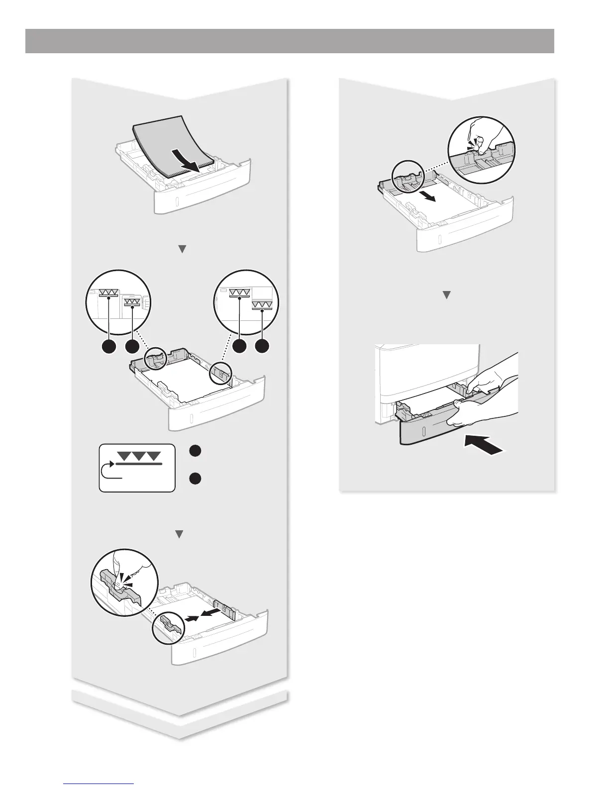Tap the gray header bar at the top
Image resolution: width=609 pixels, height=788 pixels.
290,41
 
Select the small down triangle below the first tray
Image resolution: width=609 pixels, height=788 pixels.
182,249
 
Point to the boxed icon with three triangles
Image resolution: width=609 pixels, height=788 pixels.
137,468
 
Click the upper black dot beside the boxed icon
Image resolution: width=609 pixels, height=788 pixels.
196,450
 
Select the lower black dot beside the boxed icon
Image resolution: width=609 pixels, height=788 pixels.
196,479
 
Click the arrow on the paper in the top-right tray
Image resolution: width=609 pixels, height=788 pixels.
427,195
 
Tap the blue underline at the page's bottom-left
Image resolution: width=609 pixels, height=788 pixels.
99,784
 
